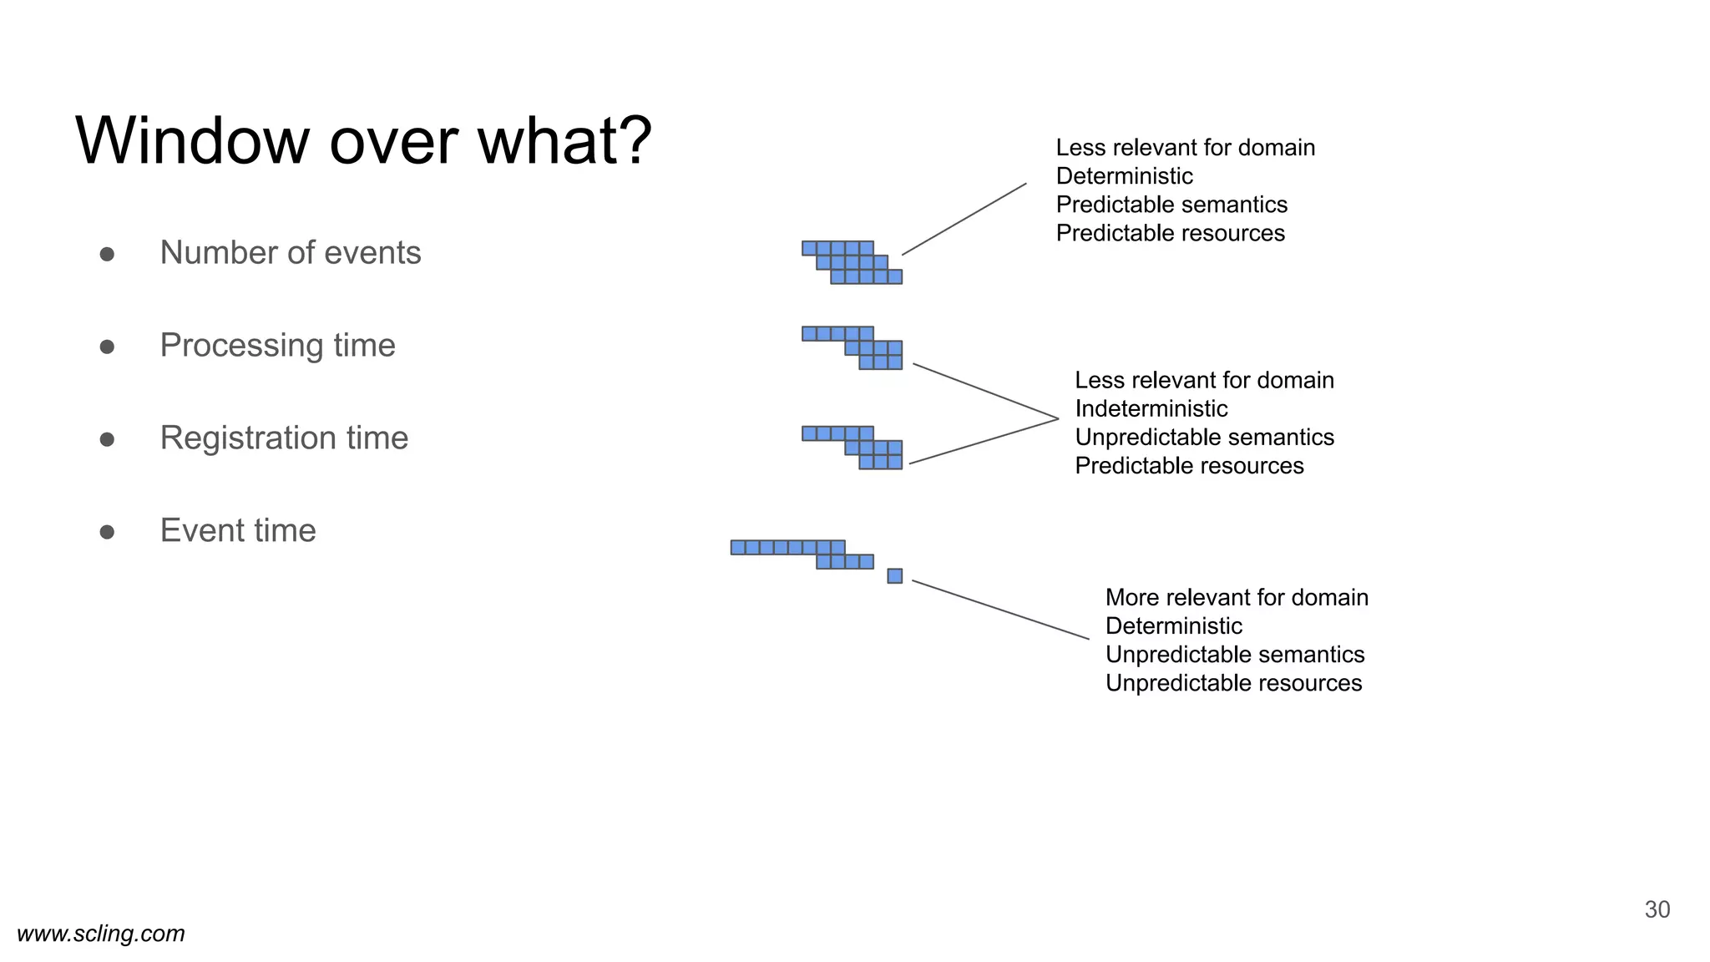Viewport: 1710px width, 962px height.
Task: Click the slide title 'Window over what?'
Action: point(363,140)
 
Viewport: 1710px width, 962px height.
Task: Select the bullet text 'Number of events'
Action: point(290,252)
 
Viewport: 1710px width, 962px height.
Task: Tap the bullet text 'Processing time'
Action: point(277,345)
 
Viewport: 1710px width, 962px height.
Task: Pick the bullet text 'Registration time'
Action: point(284,438)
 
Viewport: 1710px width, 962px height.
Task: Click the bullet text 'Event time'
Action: point(238,530)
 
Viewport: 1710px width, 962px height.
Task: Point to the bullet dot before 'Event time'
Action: point(107,532)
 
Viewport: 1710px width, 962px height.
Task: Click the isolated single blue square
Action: point(894,575)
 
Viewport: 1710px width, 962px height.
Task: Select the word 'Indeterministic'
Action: point(1151,408)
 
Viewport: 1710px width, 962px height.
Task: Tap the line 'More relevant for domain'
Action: point(1236,597)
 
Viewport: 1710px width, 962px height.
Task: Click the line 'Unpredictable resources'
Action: point(1232,682)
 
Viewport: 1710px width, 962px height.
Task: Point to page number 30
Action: point(1657,909)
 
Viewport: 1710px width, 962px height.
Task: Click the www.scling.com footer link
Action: point(101,933)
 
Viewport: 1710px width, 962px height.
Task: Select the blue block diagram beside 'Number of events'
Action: point(852,262)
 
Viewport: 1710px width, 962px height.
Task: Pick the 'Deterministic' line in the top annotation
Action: point(1124,175)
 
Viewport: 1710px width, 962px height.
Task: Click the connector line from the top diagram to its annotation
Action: point(964,219)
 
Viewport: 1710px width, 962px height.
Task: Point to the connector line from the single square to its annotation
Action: point(1000,610)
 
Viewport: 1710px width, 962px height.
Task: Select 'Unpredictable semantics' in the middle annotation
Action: point(1204,437)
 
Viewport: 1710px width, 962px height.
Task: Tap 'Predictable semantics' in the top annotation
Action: point(1171,204)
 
